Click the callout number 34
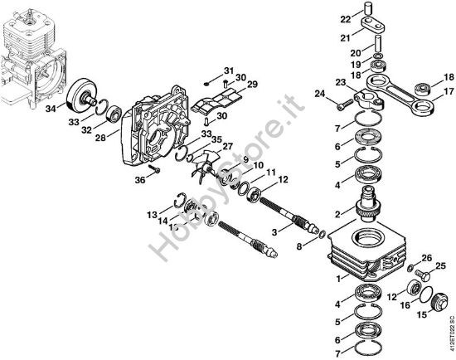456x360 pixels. pyautogui.click(x=51, y=108)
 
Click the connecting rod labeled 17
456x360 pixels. pyautogui.click(x=403, y=93)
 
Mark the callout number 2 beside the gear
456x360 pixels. pyautogui.click(x=337, y=214)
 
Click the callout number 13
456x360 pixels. pyautogui.click(x=152, y=215)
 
